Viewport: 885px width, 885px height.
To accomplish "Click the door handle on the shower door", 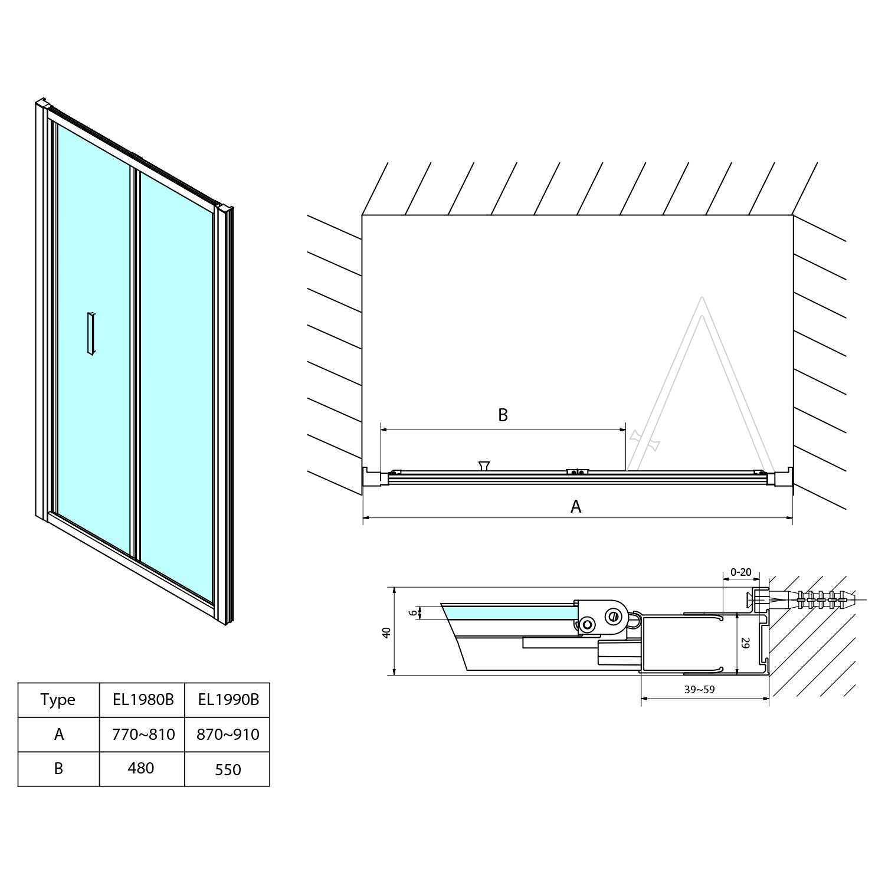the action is click(x=90, y=333).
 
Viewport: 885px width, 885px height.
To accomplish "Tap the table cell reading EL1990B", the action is click(x=228, y=700).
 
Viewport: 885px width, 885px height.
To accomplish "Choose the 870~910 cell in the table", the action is click(x=228, y=735).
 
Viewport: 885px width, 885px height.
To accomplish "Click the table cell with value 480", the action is click(x=142, y=769).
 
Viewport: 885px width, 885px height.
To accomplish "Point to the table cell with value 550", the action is click(x=228, y=769).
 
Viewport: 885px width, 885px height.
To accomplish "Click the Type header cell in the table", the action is click(x=58, y=700).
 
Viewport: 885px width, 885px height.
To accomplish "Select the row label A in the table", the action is click(x=58, y=735).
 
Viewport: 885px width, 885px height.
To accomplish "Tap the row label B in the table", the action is click(x=58, y=769).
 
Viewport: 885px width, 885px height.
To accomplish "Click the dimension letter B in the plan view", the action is click(x=503, y=415).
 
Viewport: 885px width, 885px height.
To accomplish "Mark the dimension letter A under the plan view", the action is click(x=576, y=506).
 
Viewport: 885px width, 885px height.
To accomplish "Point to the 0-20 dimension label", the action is click(x=740, y=572).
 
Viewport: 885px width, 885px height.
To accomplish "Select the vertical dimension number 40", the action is click(x=386, y=632).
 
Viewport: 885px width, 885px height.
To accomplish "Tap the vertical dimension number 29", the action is click(x=745, y=643).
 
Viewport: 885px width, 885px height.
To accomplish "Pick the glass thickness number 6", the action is click(x=412, y=613).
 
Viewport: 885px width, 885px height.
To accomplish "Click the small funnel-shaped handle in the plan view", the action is click(x=484, y=466).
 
